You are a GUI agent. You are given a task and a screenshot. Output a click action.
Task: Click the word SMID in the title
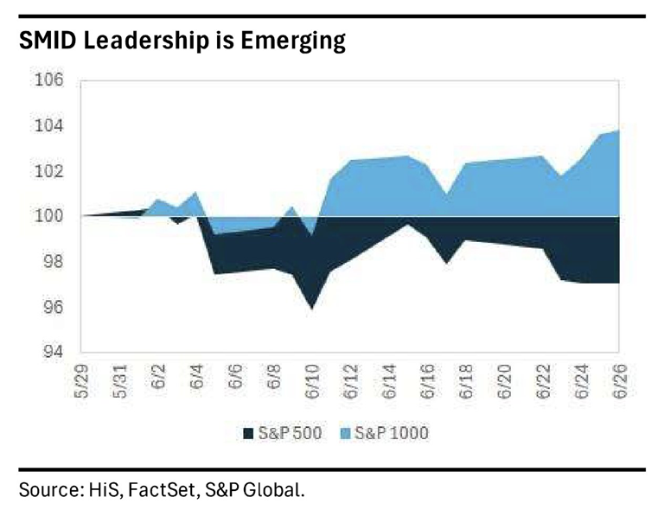pos(48,41)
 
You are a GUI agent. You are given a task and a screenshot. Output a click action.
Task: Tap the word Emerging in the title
pos(293,42)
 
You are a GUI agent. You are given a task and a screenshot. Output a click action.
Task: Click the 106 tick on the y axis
pos(48,80)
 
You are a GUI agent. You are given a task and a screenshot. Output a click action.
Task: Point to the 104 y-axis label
pos(48,125)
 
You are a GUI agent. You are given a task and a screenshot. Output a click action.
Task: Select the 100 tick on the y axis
pos(48,215)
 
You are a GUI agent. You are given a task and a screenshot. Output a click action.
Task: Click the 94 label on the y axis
pos(53,352)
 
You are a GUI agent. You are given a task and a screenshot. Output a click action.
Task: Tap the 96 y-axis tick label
pos(53,307)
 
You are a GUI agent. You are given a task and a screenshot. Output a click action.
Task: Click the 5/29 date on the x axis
pos(81,381)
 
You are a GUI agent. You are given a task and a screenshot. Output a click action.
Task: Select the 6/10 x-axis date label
pos(313,381)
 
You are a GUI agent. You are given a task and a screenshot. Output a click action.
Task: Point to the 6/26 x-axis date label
pos(620,381)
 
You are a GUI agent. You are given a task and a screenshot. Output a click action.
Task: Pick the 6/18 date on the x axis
pos(466,381)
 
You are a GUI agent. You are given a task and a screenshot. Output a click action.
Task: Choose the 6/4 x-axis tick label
pos(197,377)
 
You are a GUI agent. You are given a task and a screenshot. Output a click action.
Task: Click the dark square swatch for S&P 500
pos(248,433)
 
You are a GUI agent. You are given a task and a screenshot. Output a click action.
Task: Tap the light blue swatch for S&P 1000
pos(344,433)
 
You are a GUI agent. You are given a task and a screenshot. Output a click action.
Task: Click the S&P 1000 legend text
pos(392,433)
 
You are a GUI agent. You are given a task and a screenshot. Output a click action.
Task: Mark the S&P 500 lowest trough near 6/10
pos(312,309)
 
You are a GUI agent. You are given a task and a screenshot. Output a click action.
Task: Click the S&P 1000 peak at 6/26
pos(618,131)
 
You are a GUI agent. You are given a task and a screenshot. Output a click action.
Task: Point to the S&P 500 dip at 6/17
pos(446,263)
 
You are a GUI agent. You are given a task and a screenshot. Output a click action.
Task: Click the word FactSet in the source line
pos(162,490)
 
